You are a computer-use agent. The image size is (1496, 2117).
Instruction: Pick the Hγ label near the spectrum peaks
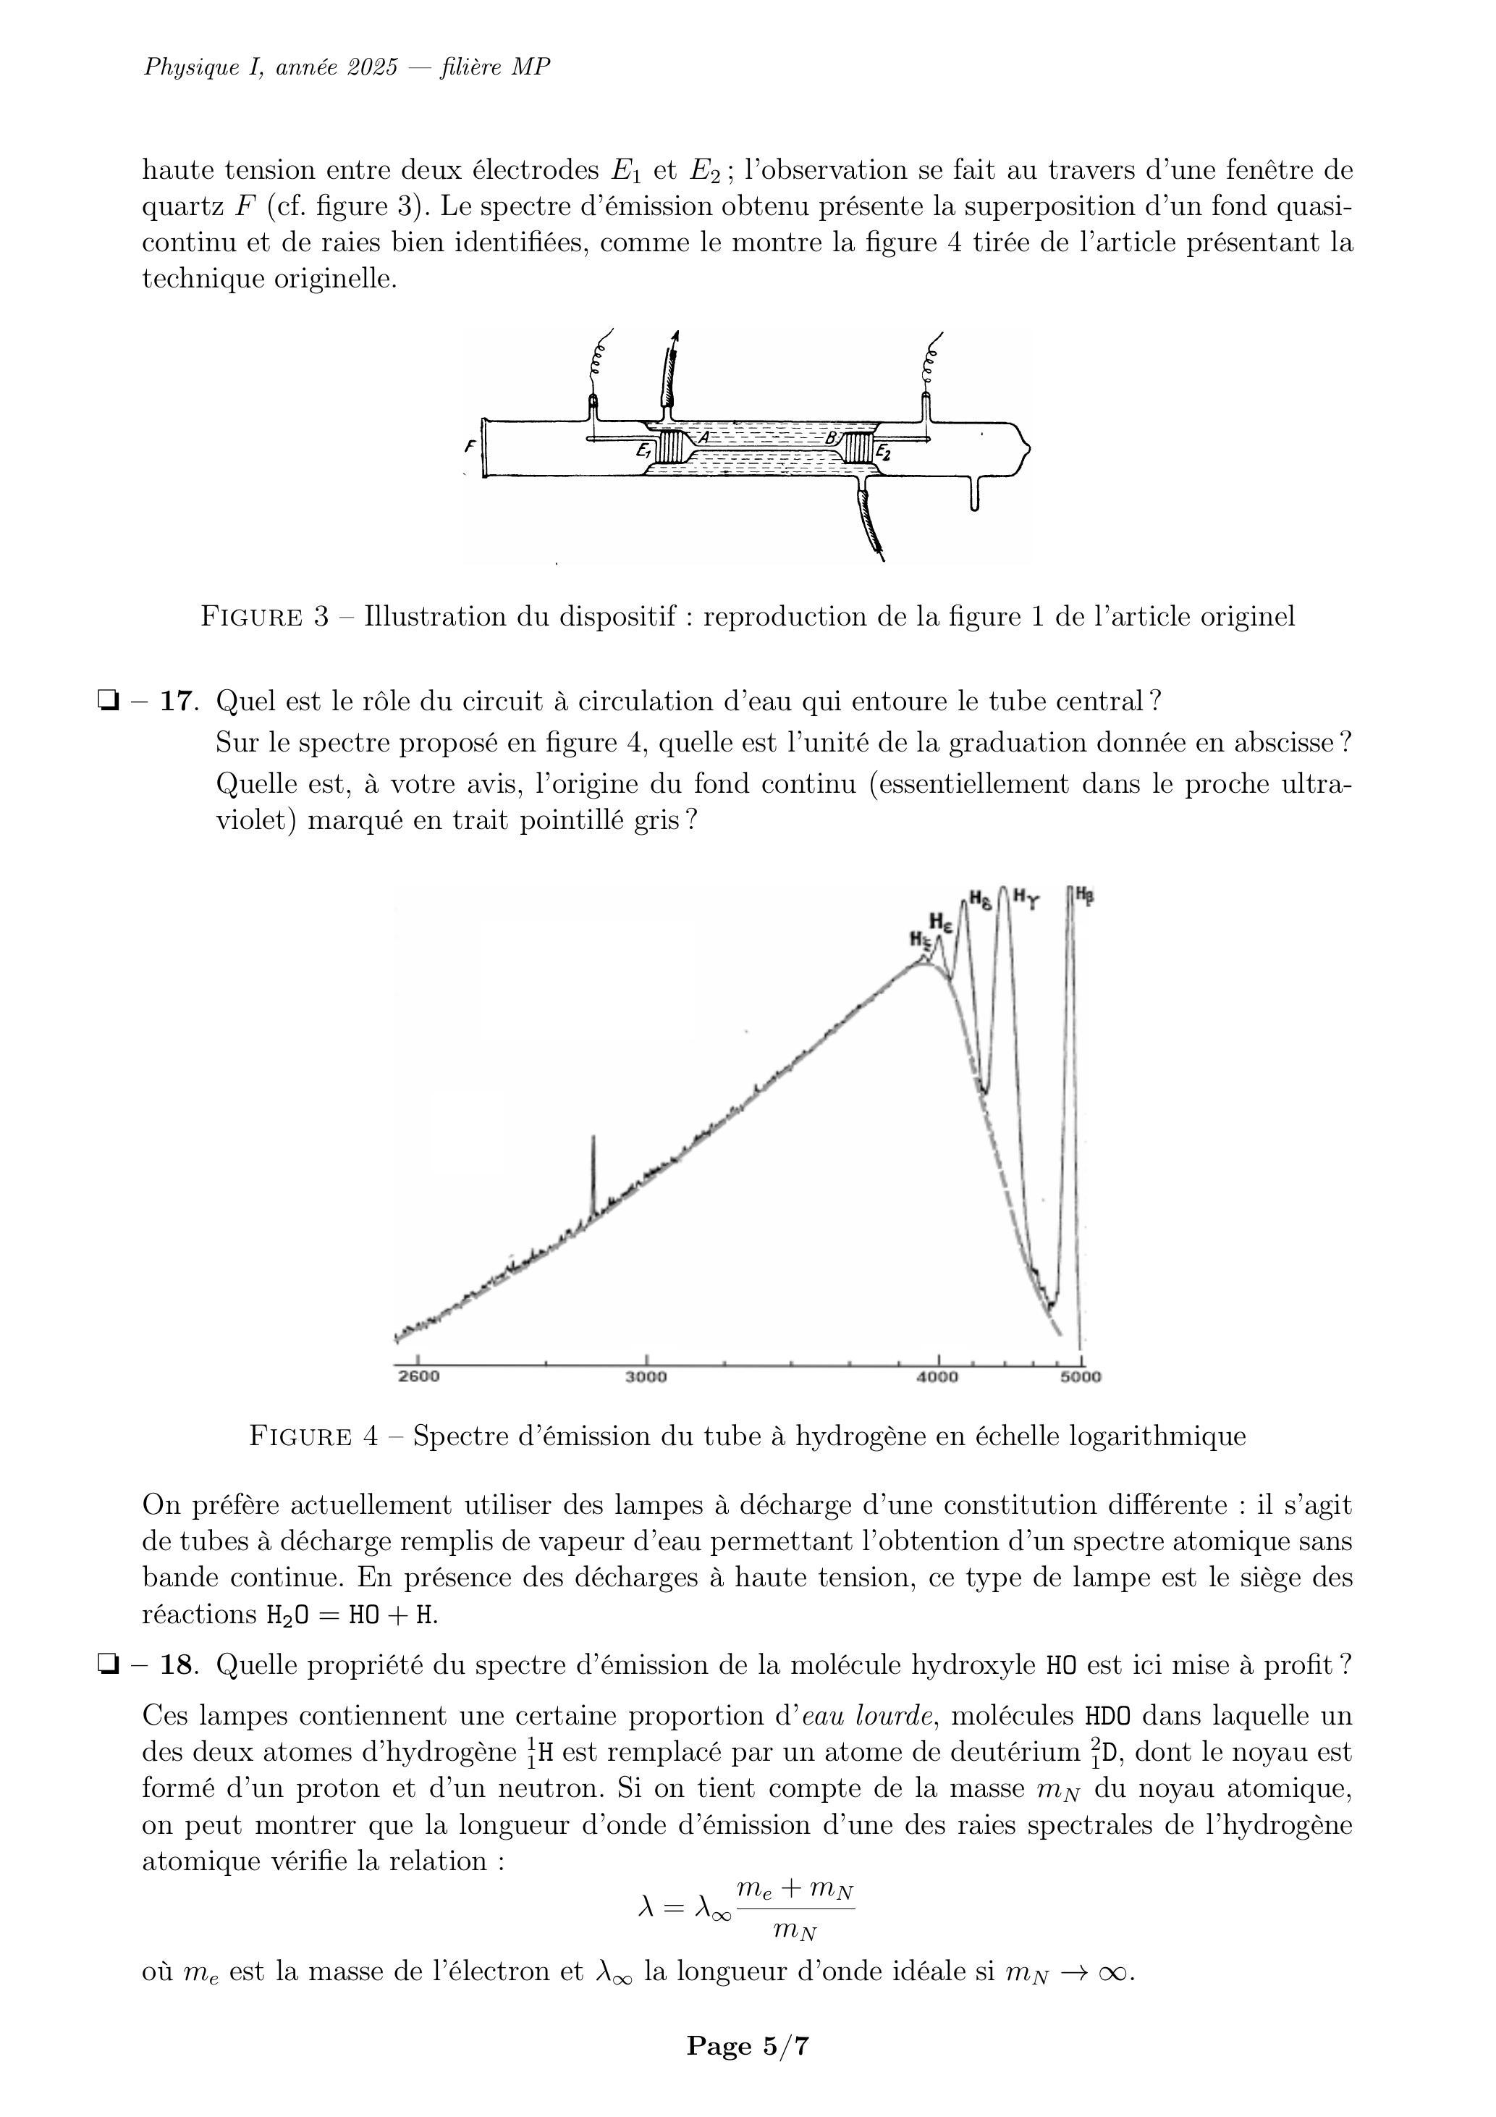click(1026, 896)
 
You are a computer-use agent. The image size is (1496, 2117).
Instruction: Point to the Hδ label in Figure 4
click(980, 899)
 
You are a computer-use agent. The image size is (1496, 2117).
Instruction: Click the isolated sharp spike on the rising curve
click(593, 1171)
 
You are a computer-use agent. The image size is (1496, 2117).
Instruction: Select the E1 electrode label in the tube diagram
click(643, 452)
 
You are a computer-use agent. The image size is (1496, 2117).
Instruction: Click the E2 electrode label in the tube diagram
click(882, 452)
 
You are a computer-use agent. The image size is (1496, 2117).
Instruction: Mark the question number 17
click(179, 702)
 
